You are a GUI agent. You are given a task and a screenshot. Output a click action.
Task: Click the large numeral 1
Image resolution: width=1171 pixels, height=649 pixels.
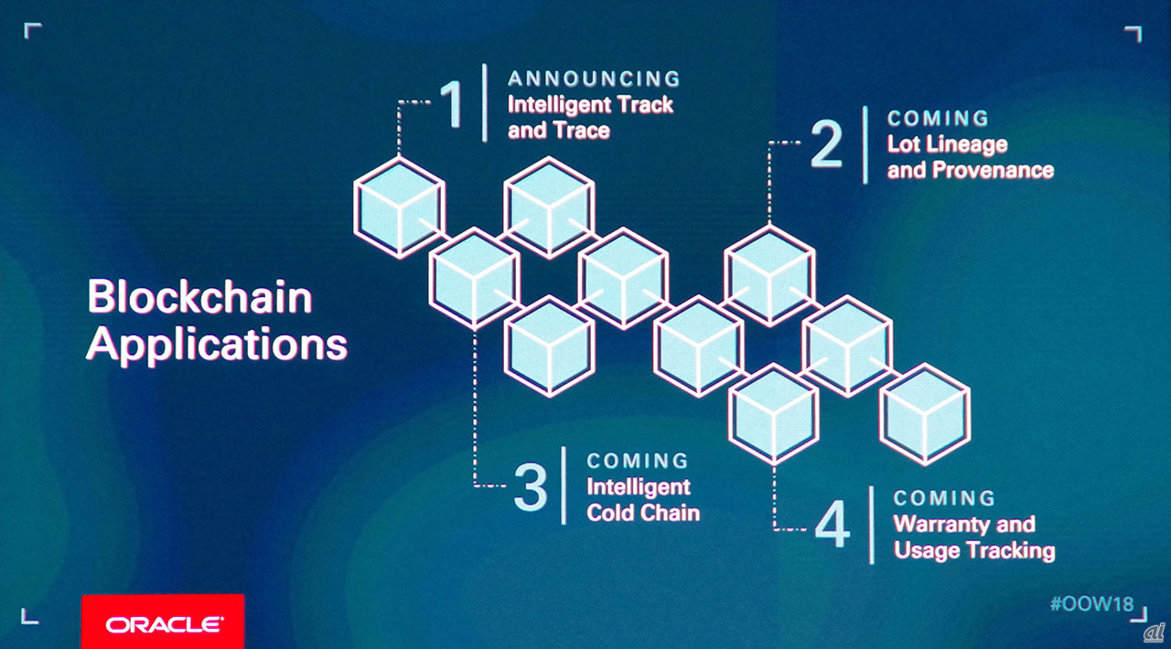tap(453, 103)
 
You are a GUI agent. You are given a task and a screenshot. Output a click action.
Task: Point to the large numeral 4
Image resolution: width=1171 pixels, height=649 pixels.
tap(832, 526)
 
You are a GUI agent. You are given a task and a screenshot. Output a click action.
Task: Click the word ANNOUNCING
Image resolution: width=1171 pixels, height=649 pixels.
tap(594, 79)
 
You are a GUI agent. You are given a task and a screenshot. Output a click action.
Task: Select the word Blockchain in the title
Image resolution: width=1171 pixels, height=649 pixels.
tap(200, 298)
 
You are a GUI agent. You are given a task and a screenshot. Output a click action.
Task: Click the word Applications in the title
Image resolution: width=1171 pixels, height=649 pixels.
tap(217, 346)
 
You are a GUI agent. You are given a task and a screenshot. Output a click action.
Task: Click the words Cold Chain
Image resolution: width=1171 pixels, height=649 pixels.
tap(643, 512)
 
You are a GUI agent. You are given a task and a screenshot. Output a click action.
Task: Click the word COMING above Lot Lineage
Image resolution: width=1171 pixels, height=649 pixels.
tap(938, 119)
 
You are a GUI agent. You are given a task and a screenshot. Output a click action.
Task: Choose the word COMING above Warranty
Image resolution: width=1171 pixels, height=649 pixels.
tap(944, 498)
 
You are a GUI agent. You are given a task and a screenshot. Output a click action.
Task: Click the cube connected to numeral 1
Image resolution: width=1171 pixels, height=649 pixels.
tap(399, 207)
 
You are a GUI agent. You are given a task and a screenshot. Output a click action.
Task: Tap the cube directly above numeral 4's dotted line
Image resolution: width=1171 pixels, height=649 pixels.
tap(773, 413)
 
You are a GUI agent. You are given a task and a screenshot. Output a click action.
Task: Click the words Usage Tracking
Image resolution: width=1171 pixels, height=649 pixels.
tap(974, 549)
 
